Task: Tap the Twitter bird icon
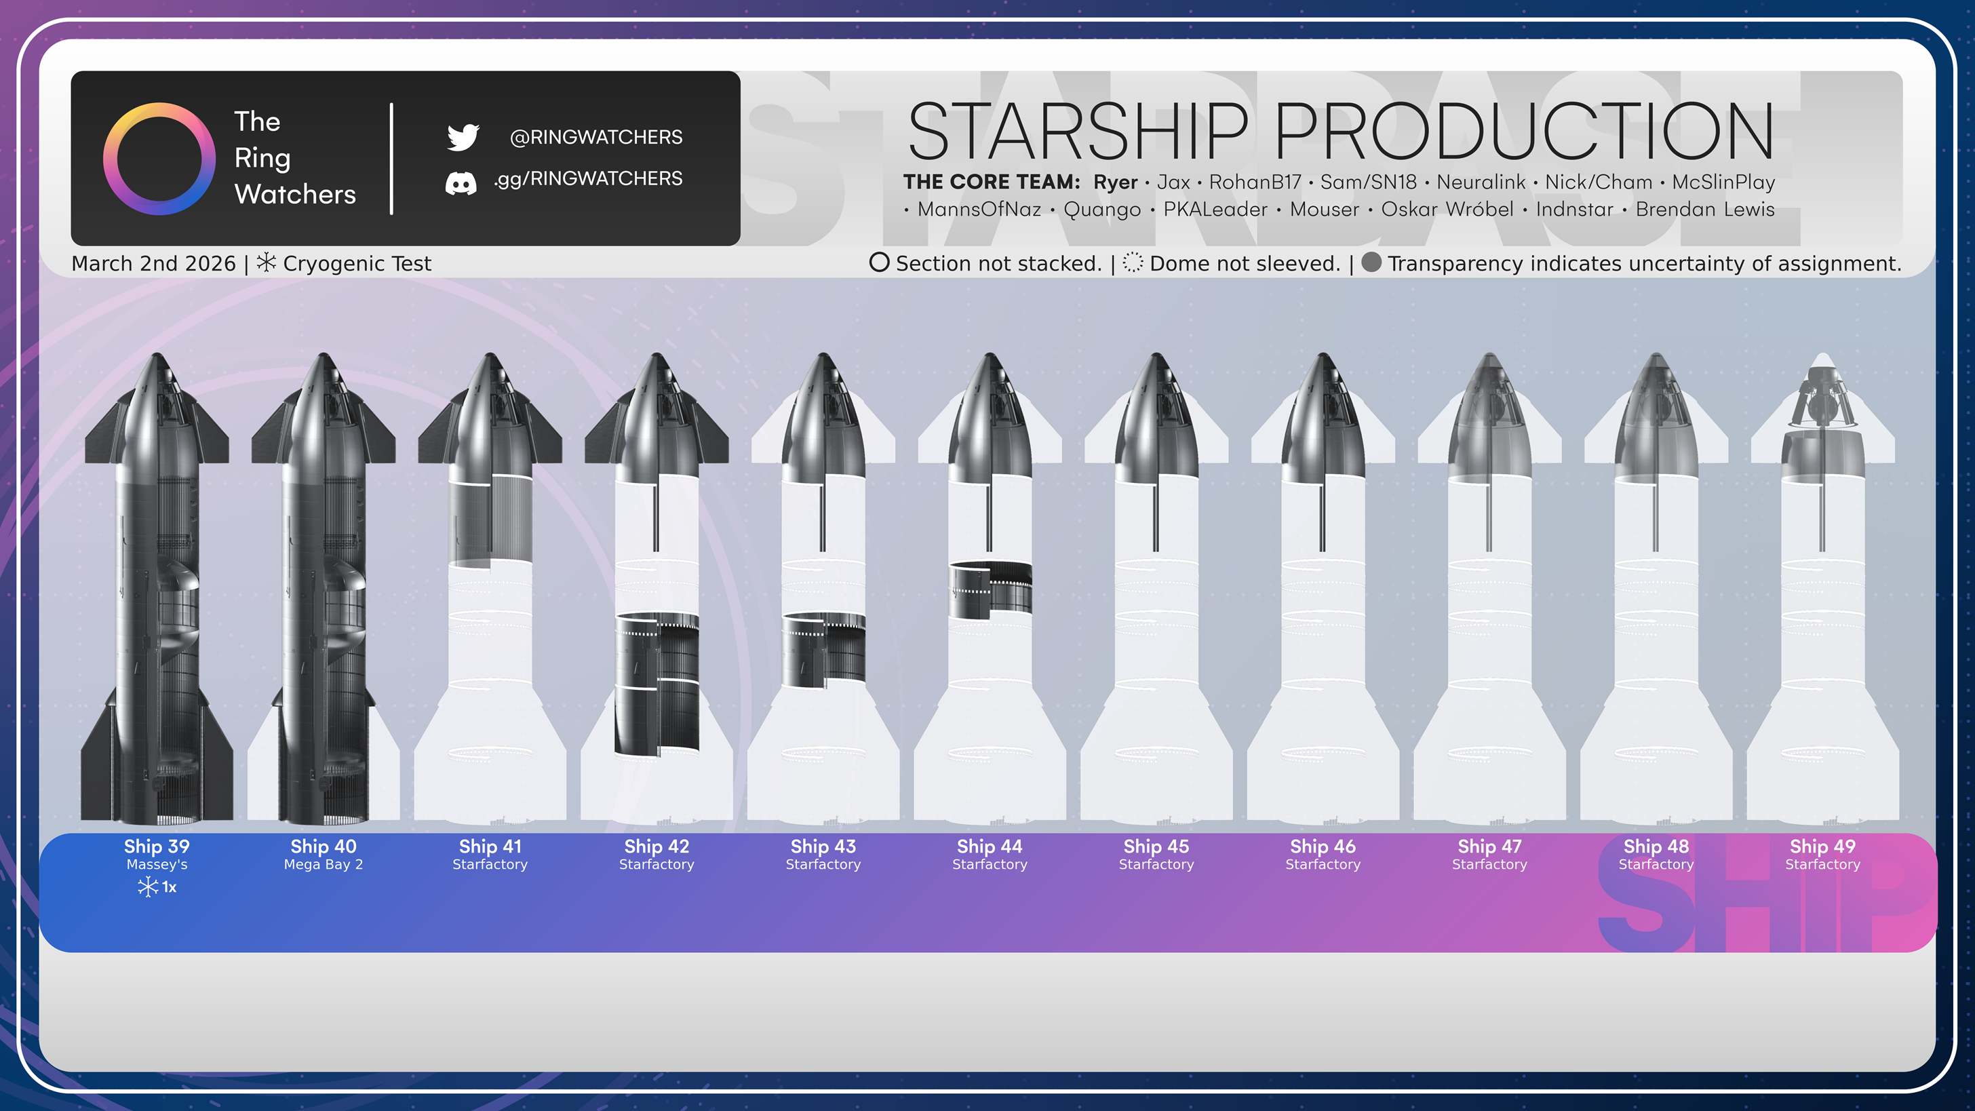click(463, 137)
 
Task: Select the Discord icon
click(461, 183)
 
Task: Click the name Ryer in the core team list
click(1115, 182)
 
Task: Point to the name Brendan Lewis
click(1704, 210)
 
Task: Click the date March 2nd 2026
click(153, 264)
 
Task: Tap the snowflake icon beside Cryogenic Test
click(266, 262)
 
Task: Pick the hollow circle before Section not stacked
click(880, 262)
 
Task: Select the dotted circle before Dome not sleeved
click(1133, 262)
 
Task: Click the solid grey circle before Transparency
click(1371, 262)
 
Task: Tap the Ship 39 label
click(157, 846)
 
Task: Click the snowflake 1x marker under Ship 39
click(157, 887)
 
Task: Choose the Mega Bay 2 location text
click(324, 865)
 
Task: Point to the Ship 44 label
click(989, 846)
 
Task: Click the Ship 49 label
click(1822, 846)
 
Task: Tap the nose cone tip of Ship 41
click(490, 353)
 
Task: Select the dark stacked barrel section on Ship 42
click(657, 682)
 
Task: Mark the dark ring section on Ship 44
click(990, 589)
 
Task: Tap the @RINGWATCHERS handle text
click(595, 137)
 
